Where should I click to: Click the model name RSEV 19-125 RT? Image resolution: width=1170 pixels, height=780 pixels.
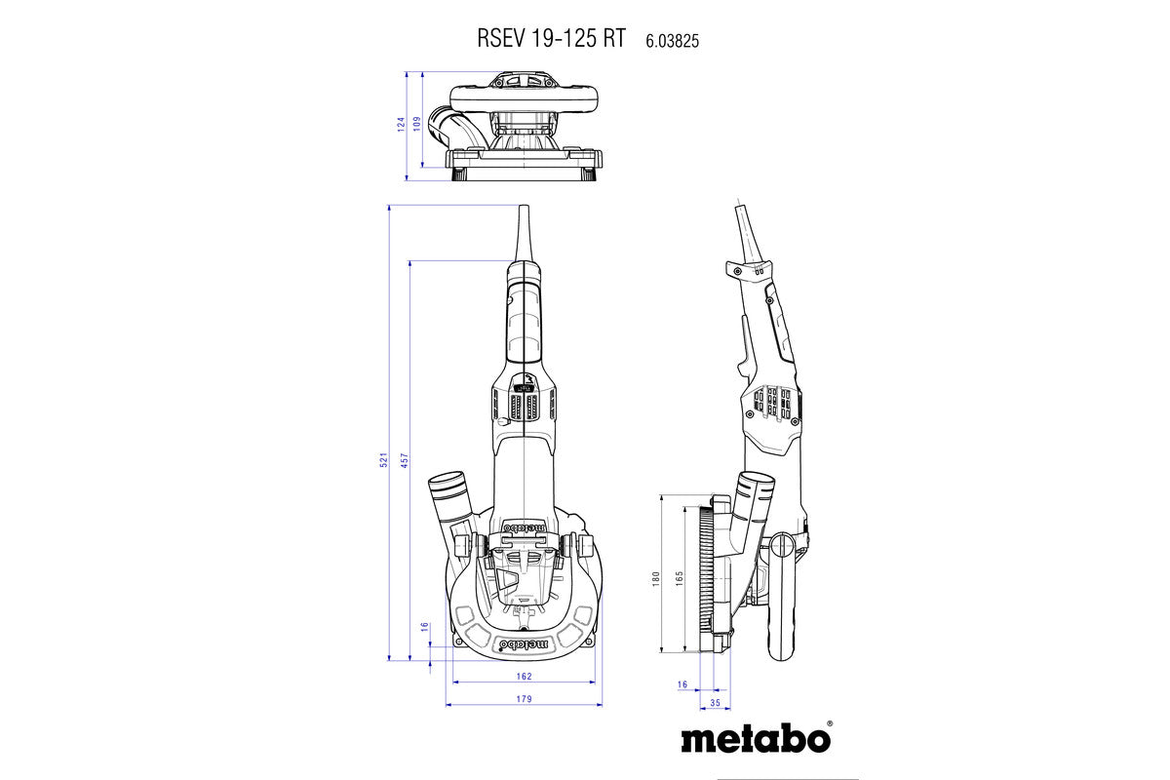click(551, 40)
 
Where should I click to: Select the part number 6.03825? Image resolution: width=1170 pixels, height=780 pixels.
click(673, 41)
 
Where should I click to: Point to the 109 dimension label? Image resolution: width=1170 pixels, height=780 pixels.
click(416, 124)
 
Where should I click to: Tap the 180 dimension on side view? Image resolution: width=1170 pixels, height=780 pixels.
click(656, 578)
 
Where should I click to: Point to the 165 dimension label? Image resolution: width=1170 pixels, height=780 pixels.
click(678, 578)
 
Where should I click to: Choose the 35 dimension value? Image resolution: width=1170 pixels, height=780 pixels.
click(715, 702)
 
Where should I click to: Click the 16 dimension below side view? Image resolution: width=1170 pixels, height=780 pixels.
click(682, 684)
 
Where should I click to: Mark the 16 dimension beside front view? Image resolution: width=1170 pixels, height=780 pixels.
click(425, 627)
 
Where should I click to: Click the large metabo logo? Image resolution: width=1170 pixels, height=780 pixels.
click(754, 738)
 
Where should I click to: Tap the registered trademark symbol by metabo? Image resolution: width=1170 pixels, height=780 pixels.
click(829, 724)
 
